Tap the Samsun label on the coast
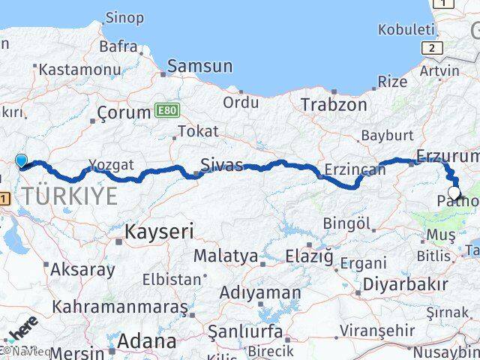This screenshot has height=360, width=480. (199, 66)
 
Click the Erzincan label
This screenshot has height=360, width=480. (355, 169)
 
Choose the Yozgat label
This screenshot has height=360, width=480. (111, 164)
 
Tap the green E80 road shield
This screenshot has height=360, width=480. (167, 110)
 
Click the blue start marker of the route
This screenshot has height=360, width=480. (22, 160)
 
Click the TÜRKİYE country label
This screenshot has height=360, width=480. (69, 196)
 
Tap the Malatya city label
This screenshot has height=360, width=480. (226, 256)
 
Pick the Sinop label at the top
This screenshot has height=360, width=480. (124, 17)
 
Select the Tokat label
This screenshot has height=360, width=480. (198, 131)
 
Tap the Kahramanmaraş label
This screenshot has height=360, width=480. (120, 307)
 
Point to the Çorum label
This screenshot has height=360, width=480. (124, 112)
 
